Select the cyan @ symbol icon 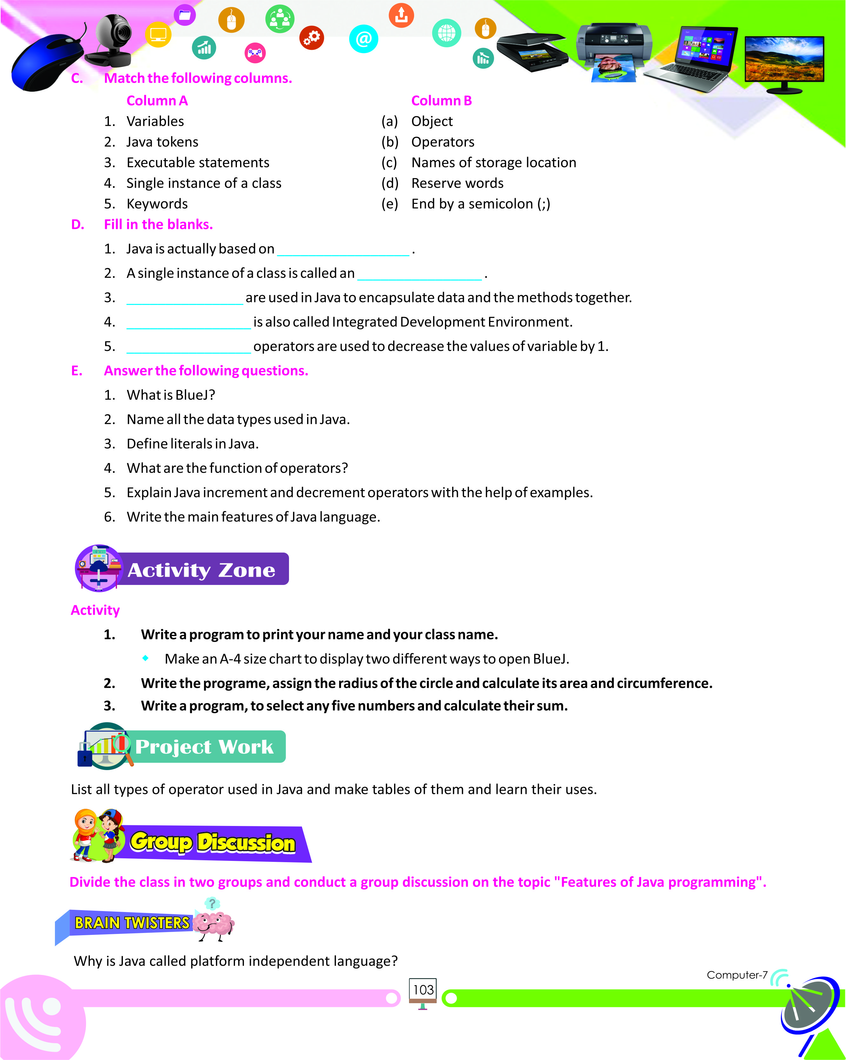point(363,39)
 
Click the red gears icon point(312,38)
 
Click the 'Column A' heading point(157,101)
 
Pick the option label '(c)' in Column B point(389,163)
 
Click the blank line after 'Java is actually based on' point(343,251)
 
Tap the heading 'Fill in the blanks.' point(158,225)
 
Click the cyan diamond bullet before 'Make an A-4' point(145,658)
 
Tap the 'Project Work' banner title point(204,747)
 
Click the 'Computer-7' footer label point(736,975)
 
